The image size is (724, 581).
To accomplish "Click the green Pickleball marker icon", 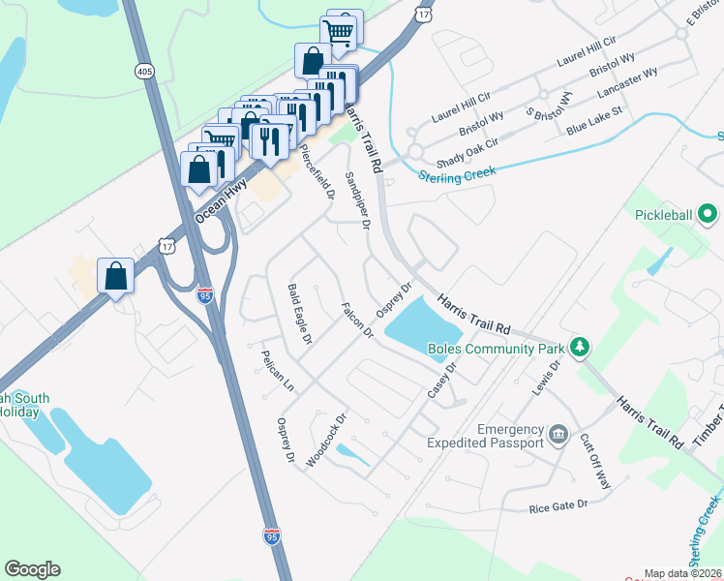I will click(x=708, y=213).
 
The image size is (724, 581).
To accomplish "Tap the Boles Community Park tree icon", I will click(x=580, y=346).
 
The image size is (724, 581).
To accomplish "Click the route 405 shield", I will click(x=144, y=72).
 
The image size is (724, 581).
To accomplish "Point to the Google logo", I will click(x=32, y=569).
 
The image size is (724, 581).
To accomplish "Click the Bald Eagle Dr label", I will click(x=299, y=315).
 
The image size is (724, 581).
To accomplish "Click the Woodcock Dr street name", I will click(x=326, y=442).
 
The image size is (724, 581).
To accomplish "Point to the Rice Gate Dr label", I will click(x=558, y=506).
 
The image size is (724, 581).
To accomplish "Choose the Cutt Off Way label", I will click(x=595, y=461).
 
